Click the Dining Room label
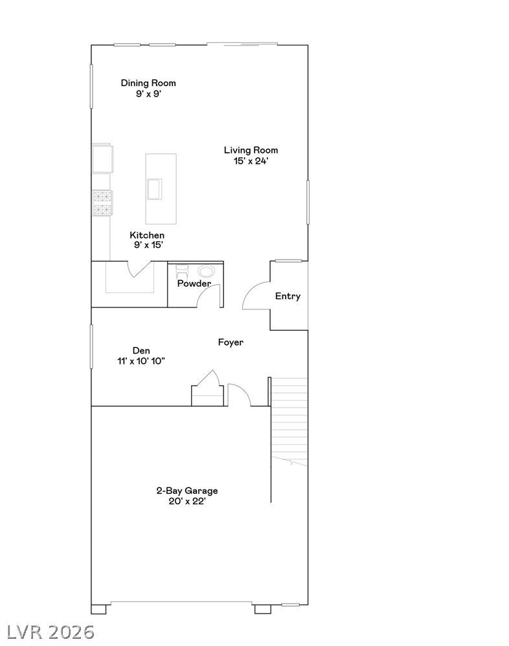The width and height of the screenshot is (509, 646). point(148,83)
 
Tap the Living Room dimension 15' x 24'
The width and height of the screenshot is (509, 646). point(251,161)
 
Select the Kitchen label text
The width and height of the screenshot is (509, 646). point(147,235)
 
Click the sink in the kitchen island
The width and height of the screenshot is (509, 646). point(154,189)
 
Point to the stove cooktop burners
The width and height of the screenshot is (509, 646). point(102,203)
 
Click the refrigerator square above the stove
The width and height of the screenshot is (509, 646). point(102,158)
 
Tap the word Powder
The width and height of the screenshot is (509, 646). point(194,284)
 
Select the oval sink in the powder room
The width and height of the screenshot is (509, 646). point(206,271)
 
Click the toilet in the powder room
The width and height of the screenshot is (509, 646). point(182,273)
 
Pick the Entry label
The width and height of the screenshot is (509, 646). point(288,296)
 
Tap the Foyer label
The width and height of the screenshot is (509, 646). point(231,342)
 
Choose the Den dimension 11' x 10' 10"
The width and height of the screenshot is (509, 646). point(141,361)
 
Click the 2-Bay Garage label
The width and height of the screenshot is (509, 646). point(187,491)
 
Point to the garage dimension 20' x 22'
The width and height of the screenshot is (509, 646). point(187,502)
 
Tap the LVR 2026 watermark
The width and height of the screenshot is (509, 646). point(51,632)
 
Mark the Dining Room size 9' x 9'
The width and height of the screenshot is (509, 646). point(148,94)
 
